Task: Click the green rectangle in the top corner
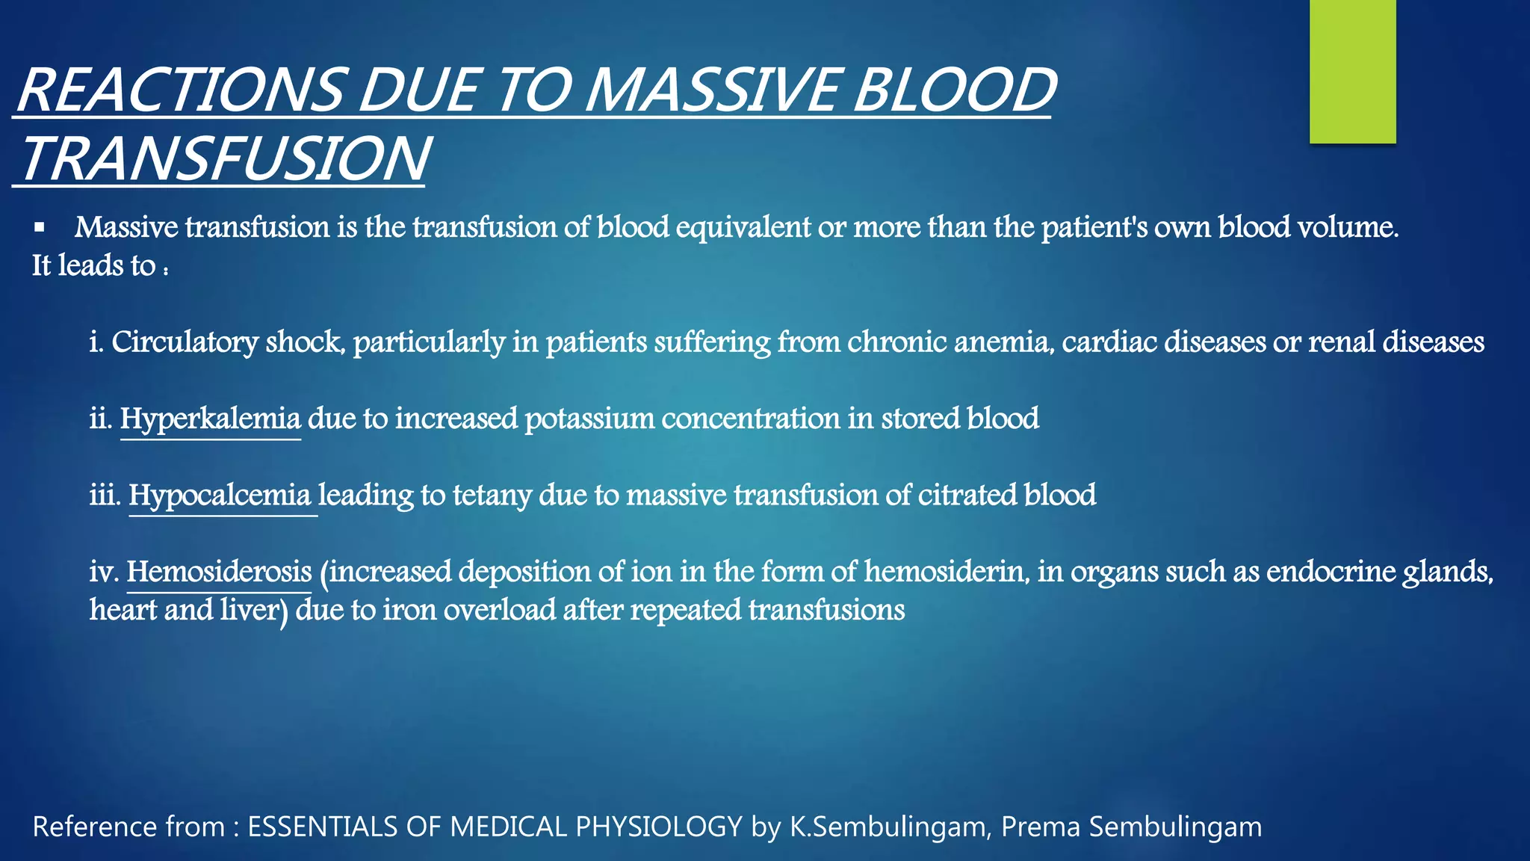[1352, 71]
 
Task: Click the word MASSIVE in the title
[713, 90]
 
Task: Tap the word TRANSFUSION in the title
[224, 158]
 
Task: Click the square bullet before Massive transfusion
[40, 227]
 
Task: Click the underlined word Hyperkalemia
[210, 419]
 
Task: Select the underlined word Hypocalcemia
[220, 496]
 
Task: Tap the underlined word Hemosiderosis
[219, 573]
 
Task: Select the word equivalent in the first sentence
[743, 227]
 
